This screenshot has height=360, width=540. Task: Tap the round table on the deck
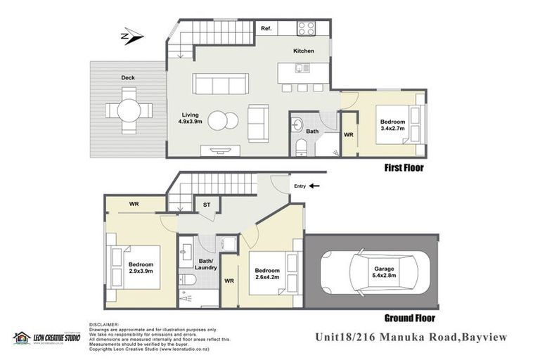click(129, 110)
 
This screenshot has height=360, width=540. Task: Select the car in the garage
click(370, 271)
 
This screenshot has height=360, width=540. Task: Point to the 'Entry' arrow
click(314, 186)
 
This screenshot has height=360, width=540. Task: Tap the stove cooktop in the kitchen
click(306, 28)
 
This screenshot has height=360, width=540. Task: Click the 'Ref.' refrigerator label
click(266, 29)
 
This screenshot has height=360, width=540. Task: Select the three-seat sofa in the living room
click(221, 84)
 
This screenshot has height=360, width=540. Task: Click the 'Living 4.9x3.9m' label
click(191, 118)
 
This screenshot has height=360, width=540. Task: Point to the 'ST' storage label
click(207, 205)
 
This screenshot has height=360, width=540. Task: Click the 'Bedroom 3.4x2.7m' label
click(393, 113)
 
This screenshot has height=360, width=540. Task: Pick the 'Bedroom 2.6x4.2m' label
click(266, 274)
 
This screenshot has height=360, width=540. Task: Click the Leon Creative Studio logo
click(46, 338)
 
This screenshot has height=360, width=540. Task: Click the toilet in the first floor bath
click(301, 147)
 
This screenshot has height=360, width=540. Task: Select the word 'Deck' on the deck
click(127, 78)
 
